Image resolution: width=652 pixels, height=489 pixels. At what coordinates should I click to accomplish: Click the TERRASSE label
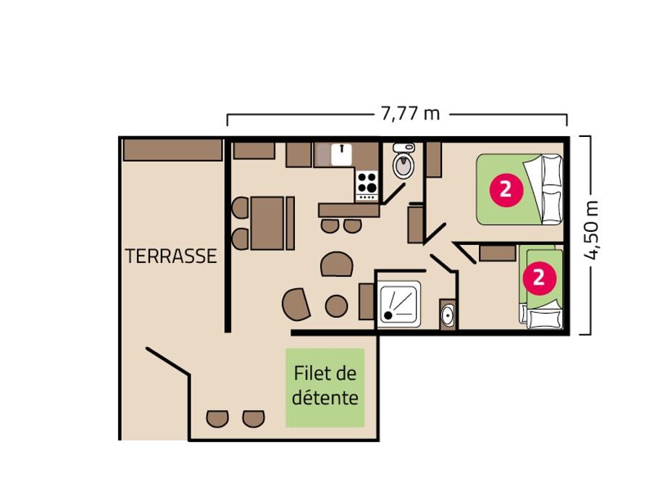pos(171,256)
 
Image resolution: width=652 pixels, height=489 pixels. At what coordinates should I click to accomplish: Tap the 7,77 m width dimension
pos(410,113)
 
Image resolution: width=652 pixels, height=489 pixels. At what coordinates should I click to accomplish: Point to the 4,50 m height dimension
pos(591,230)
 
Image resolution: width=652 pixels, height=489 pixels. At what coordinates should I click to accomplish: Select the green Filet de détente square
pos(325,388)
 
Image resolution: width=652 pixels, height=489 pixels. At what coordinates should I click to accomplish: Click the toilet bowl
pos(404,162)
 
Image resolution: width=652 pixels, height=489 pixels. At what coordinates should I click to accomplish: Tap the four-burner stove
pos(367,185)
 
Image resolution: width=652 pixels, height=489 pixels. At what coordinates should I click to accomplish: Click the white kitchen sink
pos(341,154)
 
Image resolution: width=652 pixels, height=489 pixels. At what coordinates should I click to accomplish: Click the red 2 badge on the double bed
pos(506,190)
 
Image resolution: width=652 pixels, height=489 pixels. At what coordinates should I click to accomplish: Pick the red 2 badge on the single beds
pos(539,277)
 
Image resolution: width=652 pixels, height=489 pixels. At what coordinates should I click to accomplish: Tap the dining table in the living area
pos(267,223)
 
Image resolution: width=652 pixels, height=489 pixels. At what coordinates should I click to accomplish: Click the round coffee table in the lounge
pos(336,306)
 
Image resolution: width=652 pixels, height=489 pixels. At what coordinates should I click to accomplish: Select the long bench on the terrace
pos(172,150)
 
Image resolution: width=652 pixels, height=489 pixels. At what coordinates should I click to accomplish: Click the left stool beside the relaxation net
pos(217,418)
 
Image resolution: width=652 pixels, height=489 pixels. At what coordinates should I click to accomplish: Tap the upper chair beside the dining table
pos(241,207)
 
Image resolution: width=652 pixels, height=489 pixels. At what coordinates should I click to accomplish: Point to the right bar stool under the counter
pos(353,226)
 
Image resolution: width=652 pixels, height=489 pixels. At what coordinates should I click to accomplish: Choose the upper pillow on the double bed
pos(552,171)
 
